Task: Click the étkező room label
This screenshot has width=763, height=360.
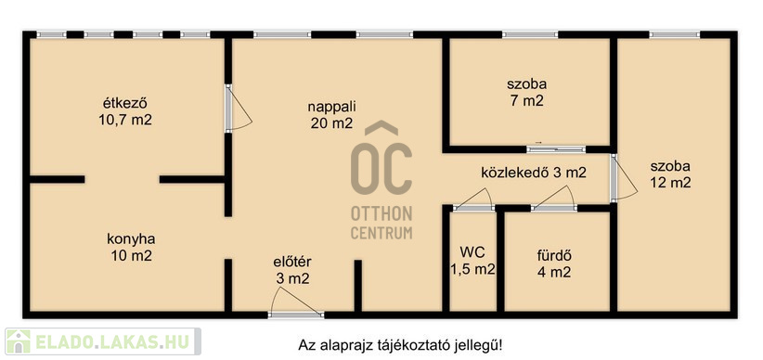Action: click(125, 104)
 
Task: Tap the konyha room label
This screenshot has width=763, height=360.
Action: click(131, 239)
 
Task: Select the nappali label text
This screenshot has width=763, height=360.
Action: click(332, 106)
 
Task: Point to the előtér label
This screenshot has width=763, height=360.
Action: click(292, 262)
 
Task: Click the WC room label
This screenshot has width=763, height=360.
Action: click(472, 252)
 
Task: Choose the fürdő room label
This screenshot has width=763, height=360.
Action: click(554, 255)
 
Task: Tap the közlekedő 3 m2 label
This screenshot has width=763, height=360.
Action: click(534, 173)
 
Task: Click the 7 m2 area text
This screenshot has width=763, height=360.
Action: click(526, 101)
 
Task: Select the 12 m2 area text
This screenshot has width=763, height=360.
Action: click(670, 184)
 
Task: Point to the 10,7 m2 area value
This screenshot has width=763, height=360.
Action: click(125, 121)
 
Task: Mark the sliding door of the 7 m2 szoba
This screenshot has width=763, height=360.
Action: click(556, 149)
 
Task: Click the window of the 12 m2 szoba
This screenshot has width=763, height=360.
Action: click(675, 34)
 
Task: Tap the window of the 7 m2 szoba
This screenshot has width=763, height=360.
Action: click(530, 34)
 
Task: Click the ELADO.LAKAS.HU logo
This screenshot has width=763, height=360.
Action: click(103, 341)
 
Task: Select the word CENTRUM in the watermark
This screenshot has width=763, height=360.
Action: click(381, 233)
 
